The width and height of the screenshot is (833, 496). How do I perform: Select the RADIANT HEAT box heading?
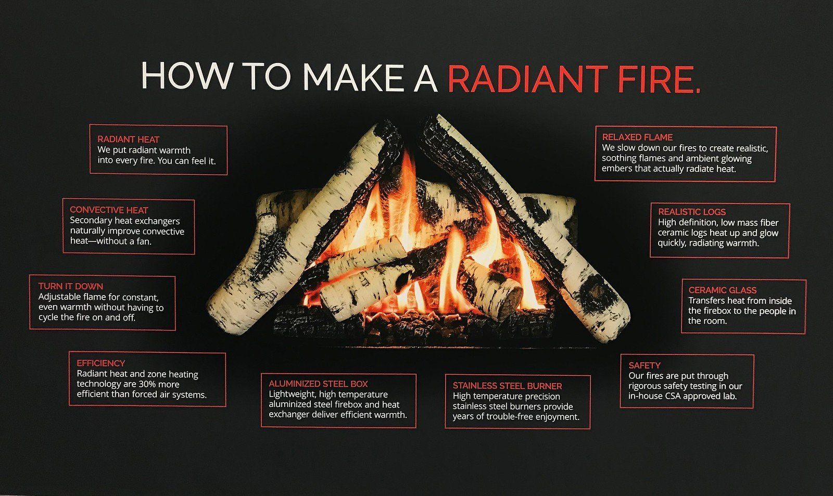(129, 139)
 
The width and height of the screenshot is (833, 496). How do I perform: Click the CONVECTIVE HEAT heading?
(109, 210)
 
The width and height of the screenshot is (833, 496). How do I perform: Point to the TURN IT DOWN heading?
(71, 286)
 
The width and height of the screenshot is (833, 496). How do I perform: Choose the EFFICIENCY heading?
(101, 363)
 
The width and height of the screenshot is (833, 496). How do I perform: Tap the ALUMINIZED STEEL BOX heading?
(319, 384)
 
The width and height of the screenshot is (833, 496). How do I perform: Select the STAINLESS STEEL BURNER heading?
(508, 386)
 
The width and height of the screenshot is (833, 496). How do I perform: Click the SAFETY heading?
(645, 365)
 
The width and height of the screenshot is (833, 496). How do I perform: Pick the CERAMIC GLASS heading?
(723, 290)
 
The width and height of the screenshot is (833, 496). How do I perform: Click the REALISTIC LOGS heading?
(692, 212)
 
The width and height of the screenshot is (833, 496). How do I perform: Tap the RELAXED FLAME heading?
(638, 137)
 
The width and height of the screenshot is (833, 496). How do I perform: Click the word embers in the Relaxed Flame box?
(616, 169)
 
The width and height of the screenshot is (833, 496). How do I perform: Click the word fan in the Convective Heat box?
(144, 241)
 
